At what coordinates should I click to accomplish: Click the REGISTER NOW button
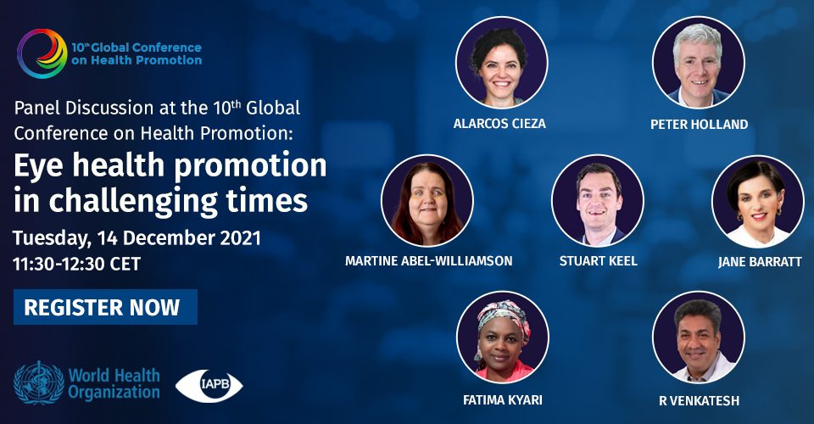click(x=105, y=307)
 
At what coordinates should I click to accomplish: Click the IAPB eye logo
click(x=209, y=386)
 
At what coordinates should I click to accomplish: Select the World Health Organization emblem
click(x=40, y=383)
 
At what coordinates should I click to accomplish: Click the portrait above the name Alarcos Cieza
click(x=501, y=62)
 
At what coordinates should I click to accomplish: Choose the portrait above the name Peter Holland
click(x=699, y=62)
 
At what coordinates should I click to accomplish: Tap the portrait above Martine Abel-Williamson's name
click(x=427, y=200)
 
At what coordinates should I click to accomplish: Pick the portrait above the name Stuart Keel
click(x=598, y=200)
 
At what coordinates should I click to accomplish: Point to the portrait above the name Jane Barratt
click(x=758, y=201)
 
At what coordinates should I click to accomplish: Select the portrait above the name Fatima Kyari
click(x=503, y=338)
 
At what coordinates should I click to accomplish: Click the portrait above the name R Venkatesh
click(x=699, y=338)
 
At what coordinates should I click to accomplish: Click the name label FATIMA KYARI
click(x=503, y=400)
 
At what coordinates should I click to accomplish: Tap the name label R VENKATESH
click(x=700, y=400)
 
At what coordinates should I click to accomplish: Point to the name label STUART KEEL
click(x=598, y=261)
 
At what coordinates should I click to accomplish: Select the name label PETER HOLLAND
click(x=700, y=125)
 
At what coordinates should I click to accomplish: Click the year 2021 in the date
click(x=240, y=237)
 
